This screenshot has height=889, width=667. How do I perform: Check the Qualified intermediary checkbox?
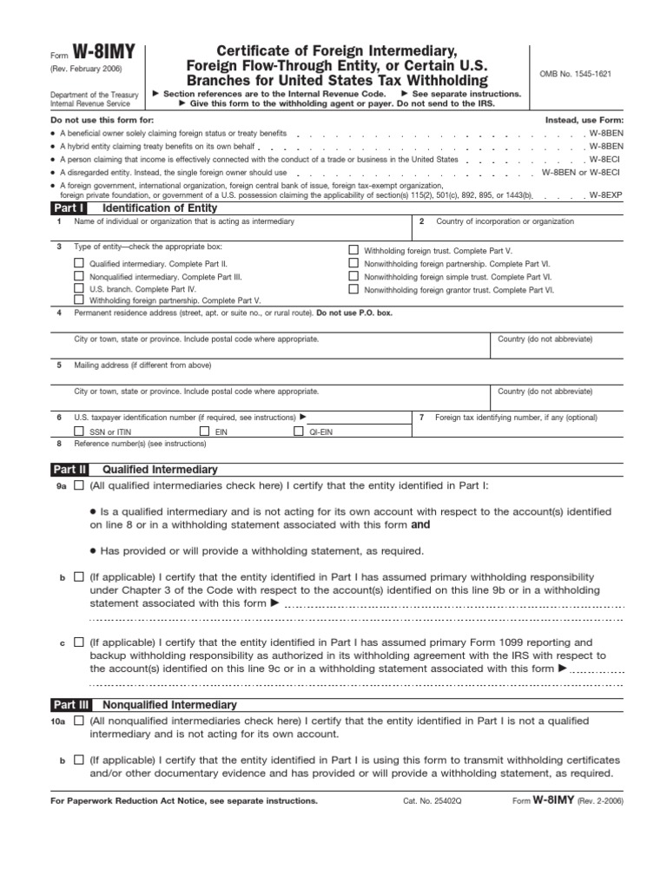[80, 262]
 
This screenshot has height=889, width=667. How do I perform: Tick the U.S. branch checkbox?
[80, 287]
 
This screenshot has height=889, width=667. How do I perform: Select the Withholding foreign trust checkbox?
[353, 249]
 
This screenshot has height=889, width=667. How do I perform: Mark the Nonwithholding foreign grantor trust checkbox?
[353, 288]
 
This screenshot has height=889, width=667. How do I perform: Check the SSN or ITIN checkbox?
[80, 431]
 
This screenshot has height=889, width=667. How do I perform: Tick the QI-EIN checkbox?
[298, 431]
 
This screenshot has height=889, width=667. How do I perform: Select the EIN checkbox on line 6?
[205, 431]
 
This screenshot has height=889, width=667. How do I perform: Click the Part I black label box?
[69, 208]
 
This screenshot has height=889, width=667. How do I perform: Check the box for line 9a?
[80, 486]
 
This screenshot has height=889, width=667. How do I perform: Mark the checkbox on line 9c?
[80, 642]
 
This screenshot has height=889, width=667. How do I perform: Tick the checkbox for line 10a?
[80, 721]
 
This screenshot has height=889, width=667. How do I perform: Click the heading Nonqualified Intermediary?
[169, 705]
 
